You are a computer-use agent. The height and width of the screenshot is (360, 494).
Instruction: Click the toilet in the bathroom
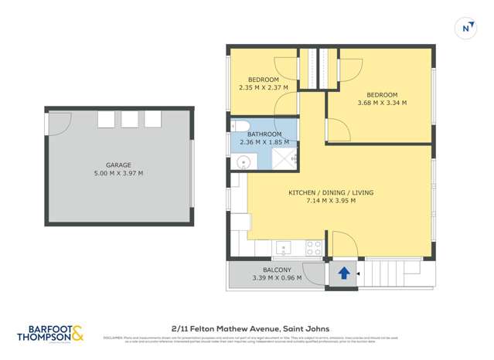tap(240, 126)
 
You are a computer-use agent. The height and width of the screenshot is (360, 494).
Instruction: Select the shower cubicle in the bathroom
tap(283, 159)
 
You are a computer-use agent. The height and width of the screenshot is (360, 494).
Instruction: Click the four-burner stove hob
tap(314, 248)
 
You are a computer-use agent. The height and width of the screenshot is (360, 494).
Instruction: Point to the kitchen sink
tap(284, 248)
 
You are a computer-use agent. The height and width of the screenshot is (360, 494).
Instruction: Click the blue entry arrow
tap(343, 273)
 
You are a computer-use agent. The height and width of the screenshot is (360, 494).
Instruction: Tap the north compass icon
tap(466, 28)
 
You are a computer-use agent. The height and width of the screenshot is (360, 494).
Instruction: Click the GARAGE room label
tap(118, 165)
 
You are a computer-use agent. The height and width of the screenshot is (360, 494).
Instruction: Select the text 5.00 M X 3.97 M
tap(118, 173)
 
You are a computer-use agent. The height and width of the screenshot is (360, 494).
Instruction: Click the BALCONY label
tap(266, 270)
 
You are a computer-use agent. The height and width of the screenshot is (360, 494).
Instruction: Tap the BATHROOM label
tap(264, 134)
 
